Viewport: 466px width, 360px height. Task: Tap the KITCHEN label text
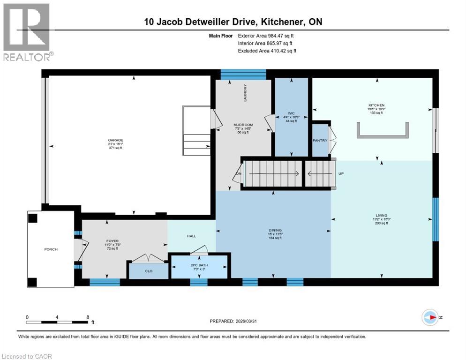376,105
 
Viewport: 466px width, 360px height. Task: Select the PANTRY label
320,140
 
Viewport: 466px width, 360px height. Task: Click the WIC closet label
290,113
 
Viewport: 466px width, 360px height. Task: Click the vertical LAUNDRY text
245,93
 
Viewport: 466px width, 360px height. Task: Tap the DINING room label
275,230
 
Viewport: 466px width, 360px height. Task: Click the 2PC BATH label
200,265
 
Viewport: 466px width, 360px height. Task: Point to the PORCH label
51,249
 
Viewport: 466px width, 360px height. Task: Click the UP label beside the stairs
341,173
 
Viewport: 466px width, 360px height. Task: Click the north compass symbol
429,318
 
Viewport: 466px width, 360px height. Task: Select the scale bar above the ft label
57,322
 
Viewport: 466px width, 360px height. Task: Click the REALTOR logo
28,32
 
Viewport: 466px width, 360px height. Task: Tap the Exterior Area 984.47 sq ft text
266,35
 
